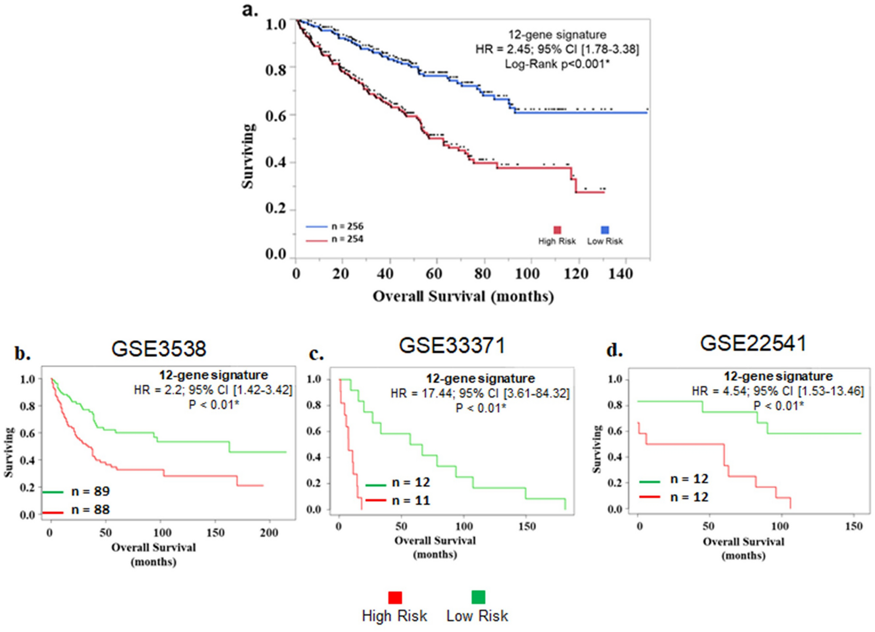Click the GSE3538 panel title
point(159,349)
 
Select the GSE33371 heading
point(452,346)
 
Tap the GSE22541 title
point(753,343)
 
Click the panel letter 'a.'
point(250,10)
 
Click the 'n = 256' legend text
point(347,226)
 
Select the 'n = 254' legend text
point(347,239)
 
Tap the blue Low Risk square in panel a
point(605,230)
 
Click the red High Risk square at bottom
point(395,597)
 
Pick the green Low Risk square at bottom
point(478,597)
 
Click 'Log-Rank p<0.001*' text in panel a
point(557,64)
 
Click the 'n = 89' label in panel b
point(90,491)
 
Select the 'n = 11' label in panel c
point(411,500)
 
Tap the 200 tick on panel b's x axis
point(269,533)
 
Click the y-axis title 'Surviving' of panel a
point(248,156)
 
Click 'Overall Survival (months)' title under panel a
point(463,297)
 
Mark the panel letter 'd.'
point(614,350)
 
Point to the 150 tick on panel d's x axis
point(854,527)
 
